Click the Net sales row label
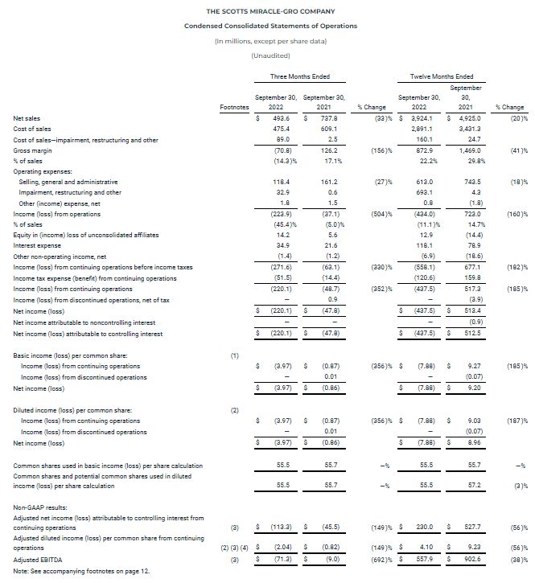27,118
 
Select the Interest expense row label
39,244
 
